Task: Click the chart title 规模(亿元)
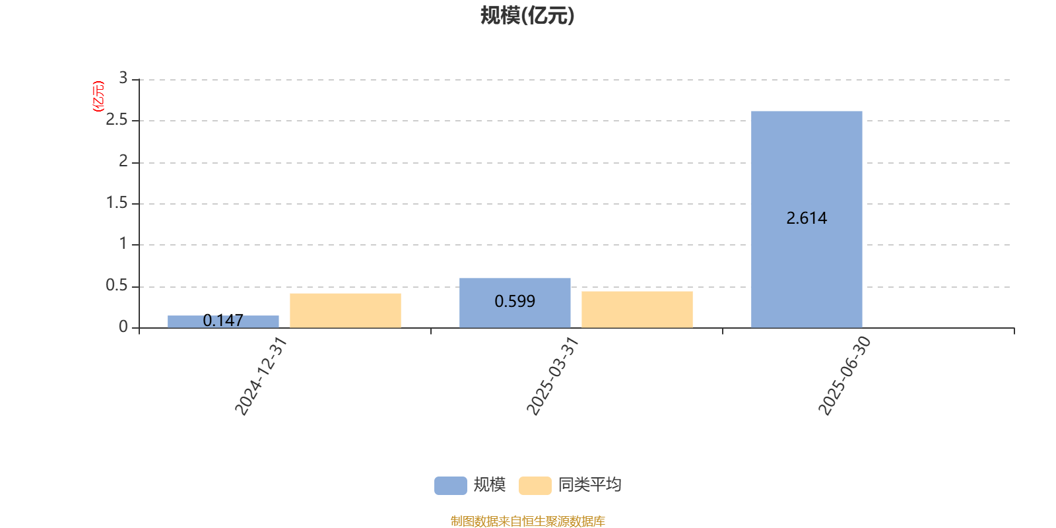(x=527, y=16)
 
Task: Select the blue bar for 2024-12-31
(x=223, y=321)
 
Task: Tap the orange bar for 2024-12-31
(x=346, y=311)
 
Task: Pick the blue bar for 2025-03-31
(x=515, y=303)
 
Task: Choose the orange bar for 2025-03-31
(x=638, y=310)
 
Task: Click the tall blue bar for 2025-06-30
(x=807, y=219)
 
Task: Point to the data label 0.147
(x=223, y=321)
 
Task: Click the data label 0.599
(x=515, y=301)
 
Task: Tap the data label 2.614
(x=807, y=218)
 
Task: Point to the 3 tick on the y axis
(x=123, y=78)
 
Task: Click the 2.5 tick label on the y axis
(x=116, y=119)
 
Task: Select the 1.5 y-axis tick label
(x=116, y=203)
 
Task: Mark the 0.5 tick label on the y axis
(x=116, y=285)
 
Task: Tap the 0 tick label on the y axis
(x=123, y=327)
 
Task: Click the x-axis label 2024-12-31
(x=261, y=376)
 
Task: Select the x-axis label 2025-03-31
(x=552, y=376)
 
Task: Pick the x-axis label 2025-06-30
(x=844, y=376)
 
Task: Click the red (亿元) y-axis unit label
(x=98, y=96)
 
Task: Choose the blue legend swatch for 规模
(x=451, y=486)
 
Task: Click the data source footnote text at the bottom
(x=528, y=521)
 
